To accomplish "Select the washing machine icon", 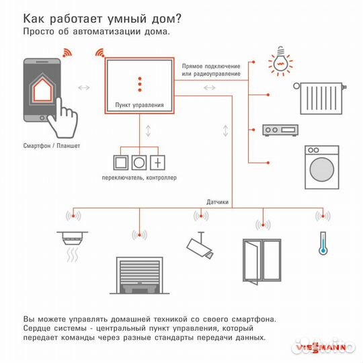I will tap(321, 168).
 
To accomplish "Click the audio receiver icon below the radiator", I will tap(277, 130).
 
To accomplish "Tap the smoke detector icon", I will tap(69, 244).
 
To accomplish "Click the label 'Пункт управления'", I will tap(140, 106).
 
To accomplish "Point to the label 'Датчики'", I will tap(218, 201).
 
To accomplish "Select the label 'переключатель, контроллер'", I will tap(139, 177).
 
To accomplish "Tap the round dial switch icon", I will tap(140, 162).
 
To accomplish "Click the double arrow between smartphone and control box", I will tap(85, 87).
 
